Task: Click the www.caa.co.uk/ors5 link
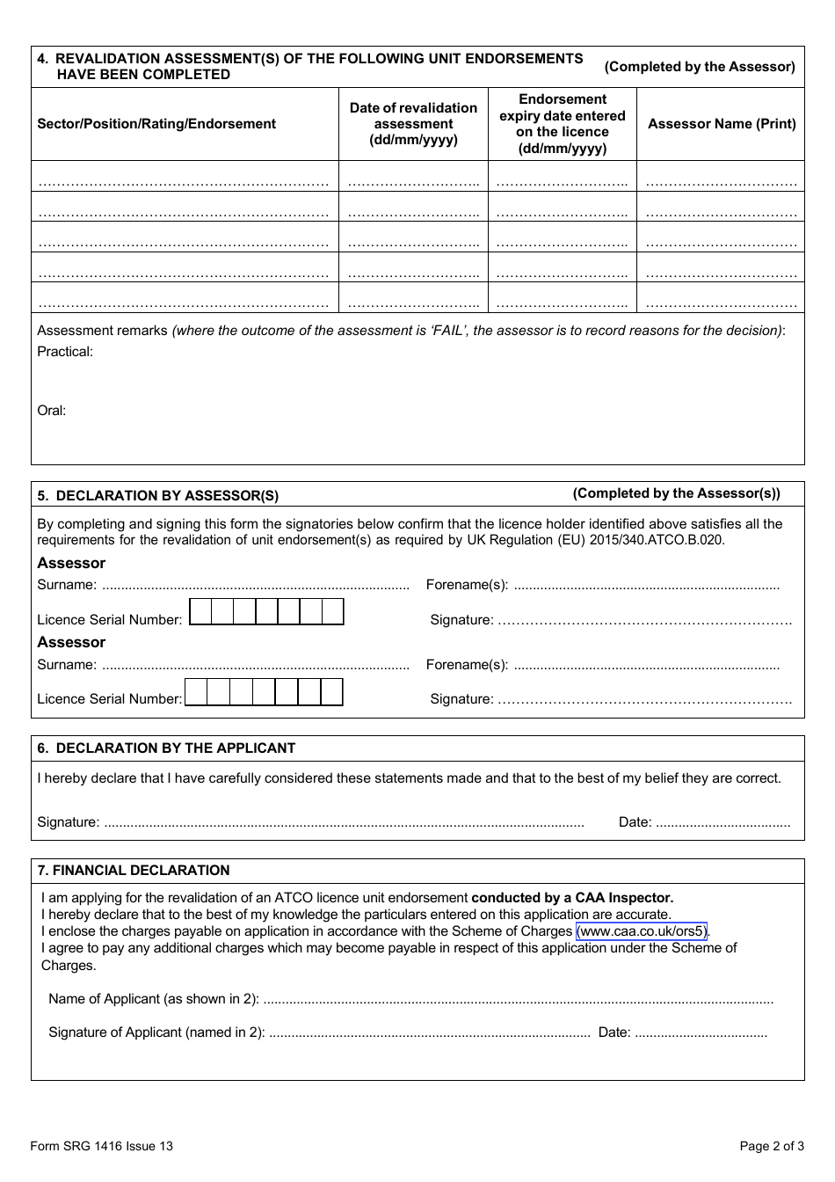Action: point(642,931)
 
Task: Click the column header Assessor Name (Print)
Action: point(722,124)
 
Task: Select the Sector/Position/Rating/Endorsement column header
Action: point(156,124)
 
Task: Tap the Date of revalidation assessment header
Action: point(413,124)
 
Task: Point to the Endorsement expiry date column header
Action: point(563,124)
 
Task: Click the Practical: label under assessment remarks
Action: point(65,352)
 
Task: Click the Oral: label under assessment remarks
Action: point(52,411)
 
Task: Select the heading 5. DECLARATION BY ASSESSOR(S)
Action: point(158,495)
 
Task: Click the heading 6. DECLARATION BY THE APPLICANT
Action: point(166,748)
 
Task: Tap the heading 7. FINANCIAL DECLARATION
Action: point(133,871)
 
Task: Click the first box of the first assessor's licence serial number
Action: point(200,612)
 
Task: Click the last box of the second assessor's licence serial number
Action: point(331,693)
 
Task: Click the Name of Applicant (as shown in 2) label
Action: point(154,999)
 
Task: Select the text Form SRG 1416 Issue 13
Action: point(101,1146)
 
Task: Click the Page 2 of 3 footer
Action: point(772,1146)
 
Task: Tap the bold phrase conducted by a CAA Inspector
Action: point(572,898)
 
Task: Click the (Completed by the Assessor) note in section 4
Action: point(700,67)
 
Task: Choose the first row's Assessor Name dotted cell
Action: point(721,183)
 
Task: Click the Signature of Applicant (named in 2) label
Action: point(156,1032)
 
